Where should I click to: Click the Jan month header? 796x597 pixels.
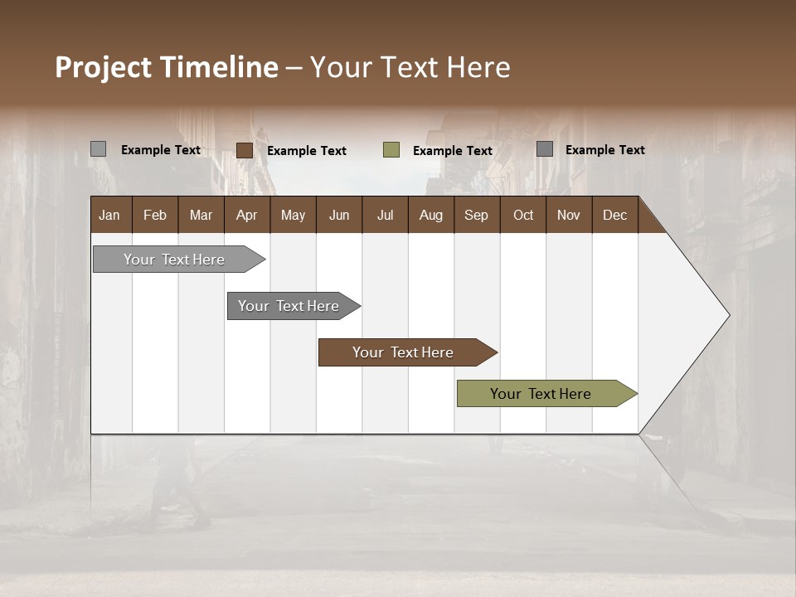click(109, 216)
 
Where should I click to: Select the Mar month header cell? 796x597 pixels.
click(201, 216)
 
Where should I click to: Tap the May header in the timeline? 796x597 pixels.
click(293, 216)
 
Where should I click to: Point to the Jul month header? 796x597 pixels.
click(385, 216)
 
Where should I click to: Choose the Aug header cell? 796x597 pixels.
click(430, 216)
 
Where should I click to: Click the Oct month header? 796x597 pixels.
click(522, 216)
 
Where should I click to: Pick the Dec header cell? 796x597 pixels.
click(614, 216)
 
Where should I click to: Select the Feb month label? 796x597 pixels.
click(155, 216)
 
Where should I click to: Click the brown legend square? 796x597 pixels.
click(245, 150)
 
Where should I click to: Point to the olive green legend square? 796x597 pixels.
click(391, 150)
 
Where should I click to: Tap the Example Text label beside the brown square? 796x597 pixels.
click(307, 151)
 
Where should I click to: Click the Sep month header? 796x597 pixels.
click(476, 216)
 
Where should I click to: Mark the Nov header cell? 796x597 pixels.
click(568, 216)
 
